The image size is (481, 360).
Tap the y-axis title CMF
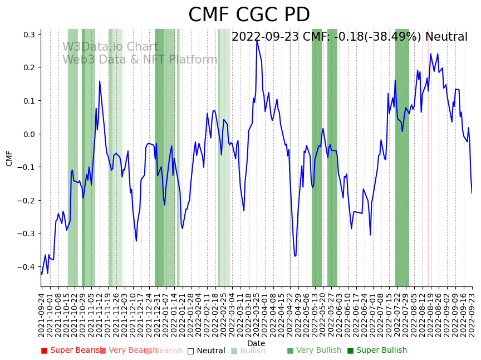9,158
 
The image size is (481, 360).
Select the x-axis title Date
256,343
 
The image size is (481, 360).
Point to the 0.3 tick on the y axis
29,35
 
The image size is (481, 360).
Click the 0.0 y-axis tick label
29,134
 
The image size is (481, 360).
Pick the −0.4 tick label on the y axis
27,267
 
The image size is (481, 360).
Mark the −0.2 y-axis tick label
27,201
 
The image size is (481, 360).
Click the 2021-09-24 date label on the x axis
41,315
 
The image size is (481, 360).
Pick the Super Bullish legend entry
377,351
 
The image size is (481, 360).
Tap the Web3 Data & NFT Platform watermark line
140,60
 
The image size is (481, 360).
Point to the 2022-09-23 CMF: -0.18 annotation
349,37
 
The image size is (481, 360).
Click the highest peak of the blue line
257,41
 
